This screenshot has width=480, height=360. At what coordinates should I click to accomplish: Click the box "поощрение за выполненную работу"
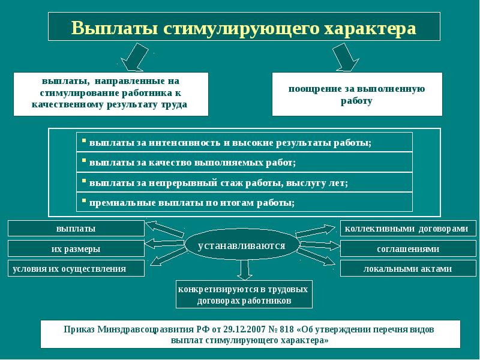(x=357, y=94)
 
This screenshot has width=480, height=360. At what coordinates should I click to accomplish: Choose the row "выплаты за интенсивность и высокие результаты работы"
(x=244, y=143)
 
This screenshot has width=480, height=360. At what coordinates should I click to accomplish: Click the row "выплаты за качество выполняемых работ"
(x=244, y=163)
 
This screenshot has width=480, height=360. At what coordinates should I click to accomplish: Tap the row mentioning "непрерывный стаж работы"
(x=244, y=182)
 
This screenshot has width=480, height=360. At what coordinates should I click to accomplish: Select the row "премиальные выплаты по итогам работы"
(x=244, y=202)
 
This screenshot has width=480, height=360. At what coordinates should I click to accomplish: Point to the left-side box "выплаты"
(x=76, y=229)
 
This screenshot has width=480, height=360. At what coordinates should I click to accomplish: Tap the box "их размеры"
(x=76, y=248)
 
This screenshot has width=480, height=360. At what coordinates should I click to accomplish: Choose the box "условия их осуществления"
(x=76, y=268)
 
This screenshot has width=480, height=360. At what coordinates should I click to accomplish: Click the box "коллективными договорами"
(x=404, y=229)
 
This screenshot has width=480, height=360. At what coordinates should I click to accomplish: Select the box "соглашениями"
(x=404, y=248)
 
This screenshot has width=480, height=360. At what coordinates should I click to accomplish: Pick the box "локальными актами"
(x=404, y=268)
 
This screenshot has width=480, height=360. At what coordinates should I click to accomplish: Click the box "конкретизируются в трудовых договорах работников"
(x=244, y=295)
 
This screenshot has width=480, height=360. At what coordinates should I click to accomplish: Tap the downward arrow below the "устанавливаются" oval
(x=243, y=269)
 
